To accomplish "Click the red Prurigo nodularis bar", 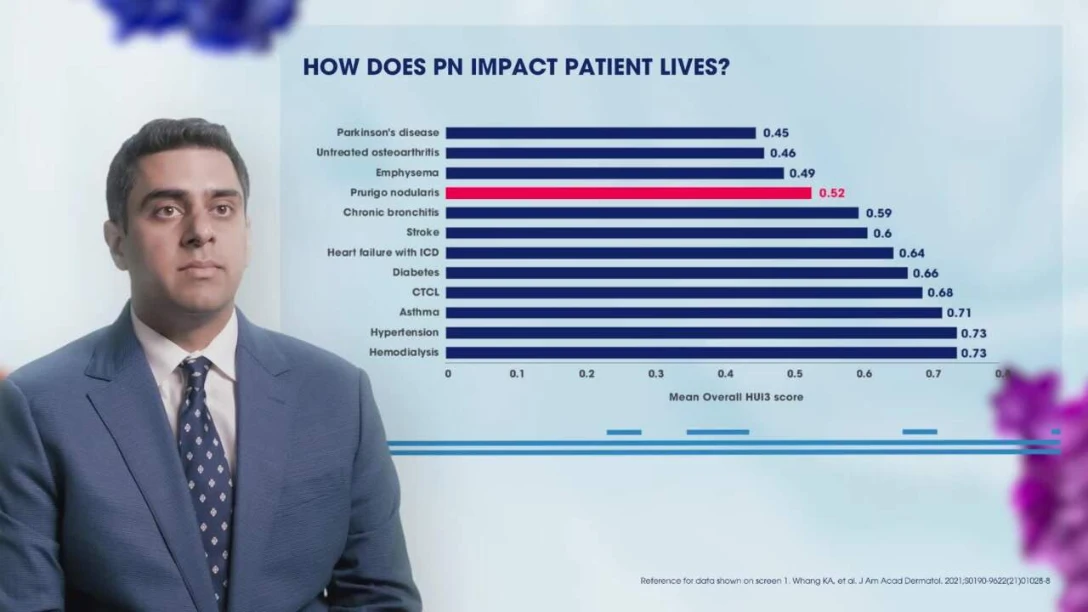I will pyautogui.click(x=628, y=193).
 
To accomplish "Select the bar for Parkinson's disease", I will pyautogui.click(x=600, y=133).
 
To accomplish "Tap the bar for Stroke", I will pyautogui.click(x=656, y=233).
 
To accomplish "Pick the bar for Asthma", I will pyautogui.click(x=694, y=312).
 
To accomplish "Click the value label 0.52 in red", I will pyautogui.click(x=832, y=193).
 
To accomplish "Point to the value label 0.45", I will pyautogui.click(x=776, y=133).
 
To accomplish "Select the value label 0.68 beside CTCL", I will pyautogui.click(x=940, y=293).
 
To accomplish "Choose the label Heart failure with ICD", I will pyautogui.click(x=383, y=252).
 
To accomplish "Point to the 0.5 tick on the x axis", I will pyautogui.click(x=794, y=374).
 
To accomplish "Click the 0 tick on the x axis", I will pyautogui.click(x=448, y=374).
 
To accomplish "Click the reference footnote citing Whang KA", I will pyautogui.click(x=860, y=581).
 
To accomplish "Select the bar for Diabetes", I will pyautogui.click(x=676, y=273).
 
